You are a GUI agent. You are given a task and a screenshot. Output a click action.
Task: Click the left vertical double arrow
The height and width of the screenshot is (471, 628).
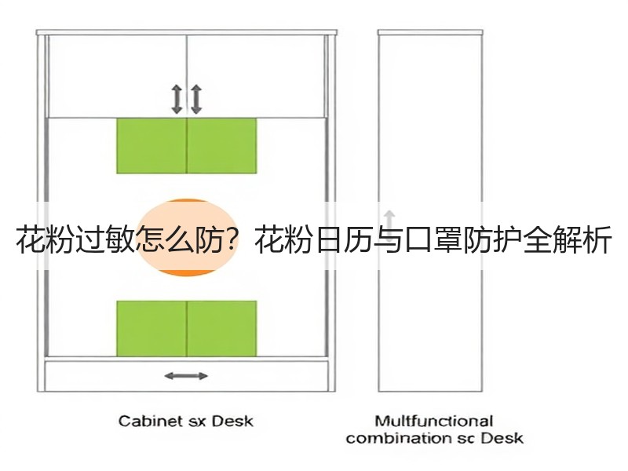point(177,99)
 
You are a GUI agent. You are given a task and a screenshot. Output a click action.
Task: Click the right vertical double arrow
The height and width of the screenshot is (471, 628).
point(195,99)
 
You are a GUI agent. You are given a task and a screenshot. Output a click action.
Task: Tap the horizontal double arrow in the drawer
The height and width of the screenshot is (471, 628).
point(186,376)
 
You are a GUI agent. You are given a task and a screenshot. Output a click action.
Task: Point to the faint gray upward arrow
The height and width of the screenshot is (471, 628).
point(389,221)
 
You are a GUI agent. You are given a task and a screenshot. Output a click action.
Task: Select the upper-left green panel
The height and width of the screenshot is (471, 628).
point(152,146)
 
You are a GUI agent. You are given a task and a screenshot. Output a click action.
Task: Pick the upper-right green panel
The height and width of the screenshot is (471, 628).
point(222,146)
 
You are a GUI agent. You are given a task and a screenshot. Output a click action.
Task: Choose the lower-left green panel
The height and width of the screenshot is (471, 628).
point(152,328)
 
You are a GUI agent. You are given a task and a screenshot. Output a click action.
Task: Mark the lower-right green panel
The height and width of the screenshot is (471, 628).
point(222,328)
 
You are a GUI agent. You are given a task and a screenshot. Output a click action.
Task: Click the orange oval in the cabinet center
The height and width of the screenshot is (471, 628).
point(187,237)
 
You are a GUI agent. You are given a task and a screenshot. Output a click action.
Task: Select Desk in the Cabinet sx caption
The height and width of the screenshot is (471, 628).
point(232,421)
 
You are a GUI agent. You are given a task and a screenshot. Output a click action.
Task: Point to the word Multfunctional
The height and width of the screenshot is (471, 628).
point(434,421)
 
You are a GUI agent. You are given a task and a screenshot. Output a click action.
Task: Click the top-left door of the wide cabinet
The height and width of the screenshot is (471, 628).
point(117,76)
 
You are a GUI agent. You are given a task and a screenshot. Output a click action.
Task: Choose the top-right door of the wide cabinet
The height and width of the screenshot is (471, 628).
point(256,76)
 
